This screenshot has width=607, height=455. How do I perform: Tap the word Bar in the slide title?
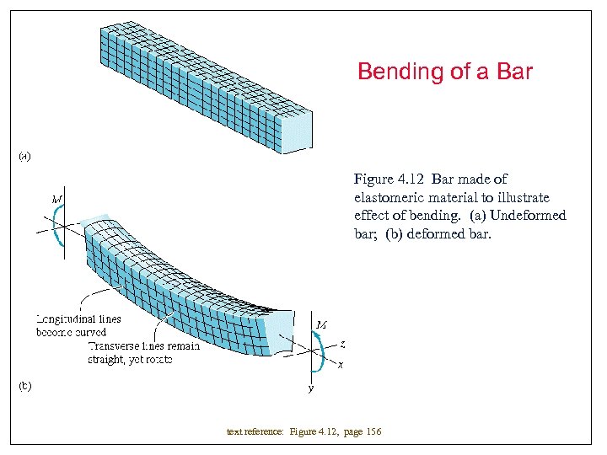coord(513,72)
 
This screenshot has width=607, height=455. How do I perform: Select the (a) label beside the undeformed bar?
coord(25,155)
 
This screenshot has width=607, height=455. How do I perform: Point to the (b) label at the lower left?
coord(25,386)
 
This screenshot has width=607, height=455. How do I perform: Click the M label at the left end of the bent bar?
coord(57,199)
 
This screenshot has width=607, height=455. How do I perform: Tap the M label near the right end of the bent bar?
coord(321,324)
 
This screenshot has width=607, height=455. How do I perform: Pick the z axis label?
coord(342,344)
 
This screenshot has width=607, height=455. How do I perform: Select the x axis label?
coord(340,365)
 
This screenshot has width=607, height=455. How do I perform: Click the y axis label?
coord(310,388)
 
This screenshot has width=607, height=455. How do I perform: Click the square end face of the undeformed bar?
coord(296,132)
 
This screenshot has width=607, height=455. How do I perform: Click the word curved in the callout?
coord(91,332)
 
